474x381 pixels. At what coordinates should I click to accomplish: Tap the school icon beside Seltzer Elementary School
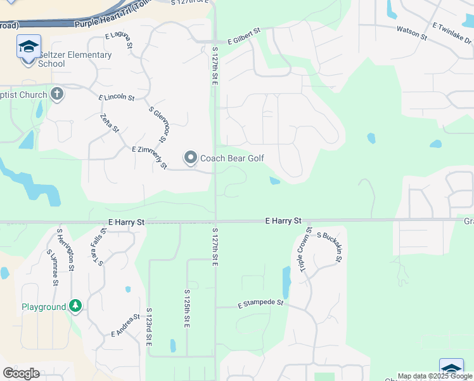click(x=29, y=48)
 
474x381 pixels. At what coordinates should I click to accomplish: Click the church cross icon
click(x=57, y=95)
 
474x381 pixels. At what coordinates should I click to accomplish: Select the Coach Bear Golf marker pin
click(x=191, y=157)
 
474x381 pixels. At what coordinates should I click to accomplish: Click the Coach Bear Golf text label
click(x=232, y=158)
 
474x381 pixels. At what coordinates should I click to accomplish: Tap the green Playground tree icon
click(x=76, y=307)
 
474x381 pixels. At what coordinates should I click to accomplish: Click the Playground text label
click(x=44, y=307)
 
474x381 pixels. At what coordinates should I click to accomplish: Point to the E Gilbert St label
click(x=244, y=30)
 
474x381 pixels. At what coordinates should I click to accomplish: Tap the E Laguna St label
click(x=120, y=39)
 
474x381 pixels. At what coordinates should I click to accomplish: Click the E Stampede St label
click(x=260, y=304)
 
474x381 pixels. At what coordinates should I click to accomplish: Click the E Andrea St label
click(x=125, y=325)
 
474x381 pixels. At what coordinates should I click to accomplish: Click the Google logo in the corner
click(x=22, y=373)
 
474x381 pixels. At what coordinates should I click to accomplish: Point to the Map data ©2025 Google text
click(x=435, y=376)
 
